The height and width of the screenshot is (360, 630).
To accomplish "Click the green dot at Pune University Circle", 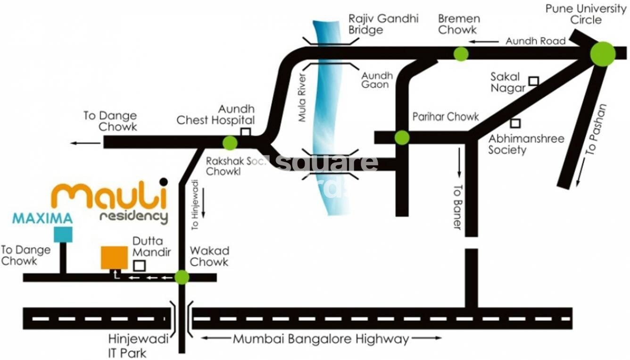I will pyautogui.click(x=603, y=54).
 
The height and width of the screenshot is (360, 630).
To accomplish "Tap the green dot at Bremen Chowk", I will pyautogui.click(x=461, y=54).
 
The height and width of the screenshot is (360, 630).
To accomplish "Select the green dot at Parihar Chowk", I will pyautogui.click(x=402, y=137).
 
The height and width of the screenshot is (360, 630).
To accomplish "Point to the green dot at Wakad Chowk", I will pyautogui.click(x=182, y=277).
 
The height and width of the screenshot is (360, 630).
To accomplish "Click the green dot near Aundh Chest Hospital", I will pyautogui.click(x=230, y=142).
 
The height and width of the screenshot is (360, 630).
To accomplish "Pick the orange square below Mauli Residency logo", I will pyautogui.click(x=114, y=258).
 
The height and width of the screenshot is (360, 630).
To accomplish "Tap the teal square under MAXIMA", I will pyautogui.click(x=63, y=234).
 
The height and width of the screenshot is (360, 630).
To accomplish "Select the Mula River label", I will pyautogui.click(x=303, y=98).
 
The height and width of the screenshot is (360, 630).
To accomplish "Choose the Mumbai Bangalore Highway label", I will pyautogui.click(x=321, y=339).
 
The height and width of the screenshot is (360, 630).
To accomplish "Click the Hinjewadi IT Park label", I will pyautogui.click(x=127, y=345).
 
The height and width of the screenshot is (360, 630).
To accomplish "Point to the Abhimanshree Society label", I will pyautogui.click(x=526, y=144).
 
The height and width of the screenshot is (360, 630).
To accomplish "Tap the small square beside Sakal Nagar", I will pyautogui.click(x=533, y=81).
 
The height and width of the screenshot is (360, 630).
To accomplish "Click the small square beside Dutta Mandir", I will pyautogui.click(x=139, y=266).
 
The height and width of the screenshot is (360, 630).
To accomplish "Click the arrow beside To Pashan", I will pyautogui.click(x=580, y=172).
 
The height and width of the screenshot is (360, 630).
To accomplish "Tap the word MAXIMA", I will pyautogui.click(x=42, y=218).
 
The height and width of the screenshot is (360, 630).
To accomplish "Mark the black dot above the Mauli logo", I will pyautogui.click(x=164, y=182).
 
